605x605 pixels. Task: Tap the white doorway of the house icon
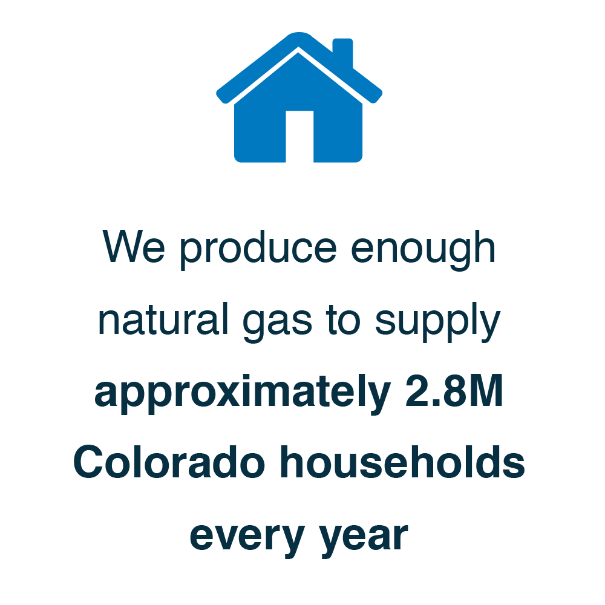click(299, 137)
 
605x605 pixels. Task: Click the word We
click(134, 247)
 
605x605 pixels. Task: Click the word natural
click(163, 319)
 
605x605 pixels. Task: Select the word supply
click(437, 322)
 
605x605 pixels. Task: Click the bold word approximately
click(243, 394)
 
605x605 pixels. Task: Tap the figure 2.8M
click(454, 391)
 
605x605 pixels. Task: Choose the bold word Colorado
click(169, 462)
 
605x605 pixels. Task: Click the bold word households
click(402, 462)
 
